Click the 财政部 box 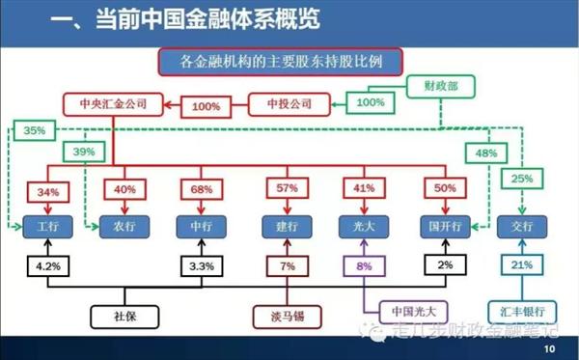coord(440,85)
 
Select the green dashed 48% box coord(486,152)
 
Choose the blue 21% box coord(522,264)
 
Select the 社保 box coord(123,315)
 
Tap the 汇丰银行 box coord(522,313)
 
